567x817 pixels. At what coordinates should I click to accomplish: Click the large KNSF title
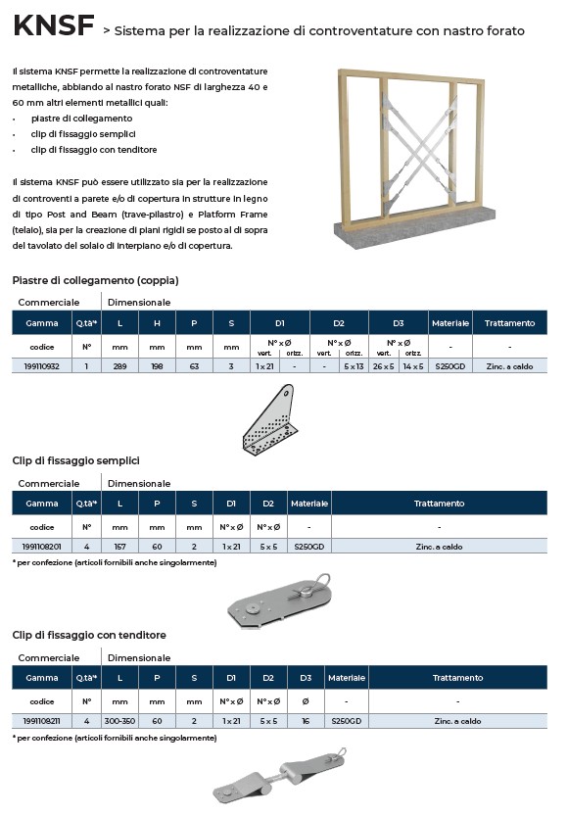click(54, 25)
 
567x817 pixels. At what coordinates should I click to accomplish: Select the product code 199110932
click(42, 366)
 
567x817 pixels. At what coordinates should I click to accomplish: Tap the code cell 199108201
click(42, 547)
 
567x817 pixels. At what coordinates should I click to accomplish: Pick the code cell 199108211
click(42, 721)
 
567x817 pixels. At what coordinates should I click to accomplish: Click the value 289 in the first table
click(119, 366)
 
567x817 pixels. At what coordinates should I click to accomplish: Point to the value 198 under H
click(157, 366)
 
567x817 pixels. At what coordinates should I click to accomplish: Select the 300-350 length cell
click(119, 721)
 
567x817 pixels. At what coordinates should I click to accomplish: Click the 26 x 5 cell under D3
click(383, 366)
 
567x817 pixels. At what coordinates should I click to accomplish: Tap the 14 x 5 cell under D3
click(413, 366)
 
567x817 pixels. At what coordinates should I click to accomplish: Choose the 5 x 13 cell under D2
click(354, 366)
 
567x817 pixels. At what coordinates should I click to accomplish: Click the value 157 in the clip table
click(119, 547)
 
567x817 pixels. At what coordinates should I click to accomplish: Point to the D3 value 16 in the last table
click(306, 721)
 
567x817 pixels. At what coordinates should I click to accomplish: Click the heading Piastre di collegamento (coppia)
click(95, 280)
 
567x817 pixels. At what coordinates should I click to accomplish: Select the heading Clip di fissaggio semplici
click(76, 460)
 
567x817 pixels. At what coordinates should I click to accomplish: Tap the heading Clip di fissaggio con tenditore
click(89, 635)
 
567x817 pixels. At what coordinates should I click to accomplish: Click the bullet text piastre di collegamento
click(81, 119)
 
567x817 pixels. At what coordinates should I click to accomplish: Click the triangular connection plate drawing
click(269, 418)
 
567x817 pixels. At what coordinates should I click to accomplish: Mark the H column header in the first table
click(157, 323)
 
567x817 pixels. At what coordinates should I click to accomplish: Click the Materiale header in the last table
click(347, 678)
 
